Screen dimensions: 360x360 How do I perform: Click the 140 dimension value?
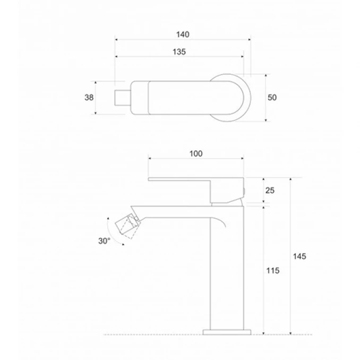click(183, 35)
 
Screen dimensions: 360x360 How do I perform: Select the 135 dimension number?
click(179, 52)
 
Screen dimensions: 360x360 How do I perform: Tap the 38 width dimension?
click(89, 98)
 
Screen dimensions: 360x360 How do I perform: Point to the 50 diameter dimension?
click(272, 98)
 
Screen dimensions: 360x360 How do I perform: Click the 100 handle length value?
click(196, 153)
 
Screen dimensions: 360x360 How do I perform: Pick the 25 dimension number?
click(270, 190)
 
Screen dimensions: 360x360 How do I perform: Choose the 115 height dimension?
click(273, 270)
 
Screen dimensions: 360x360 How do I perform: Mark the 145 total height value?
click(299, 256)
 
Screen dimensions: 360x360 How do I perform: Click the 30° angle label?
click(104, 241)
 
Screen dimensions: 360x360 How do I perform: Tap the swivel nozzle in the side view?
click(127, 226)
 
